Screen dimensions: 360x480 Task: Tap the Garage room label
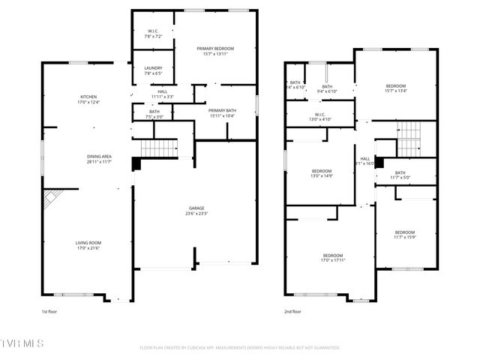196,211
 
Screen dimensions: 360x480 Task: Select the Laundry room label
153,71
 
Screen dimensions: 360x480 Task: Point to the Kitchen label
88,100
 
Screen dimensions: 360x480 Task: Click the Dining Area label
98,159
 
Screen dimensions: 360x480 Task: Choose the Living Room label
88,245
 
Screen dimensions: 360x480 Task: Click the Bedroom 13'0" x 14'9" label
322,173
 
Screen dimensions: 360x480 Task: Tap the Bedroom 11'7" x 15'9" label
404,235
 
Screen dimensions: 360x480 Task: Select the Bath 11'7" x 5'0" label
404,176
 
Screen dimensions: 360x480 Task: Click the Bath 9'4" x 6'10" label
327,88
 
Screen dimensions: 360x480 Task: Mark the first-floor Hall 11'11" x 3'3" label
162,94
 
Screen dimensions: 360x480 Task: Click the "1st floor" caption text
50,310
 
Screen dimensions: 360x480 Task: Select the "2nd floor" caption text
292,310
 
